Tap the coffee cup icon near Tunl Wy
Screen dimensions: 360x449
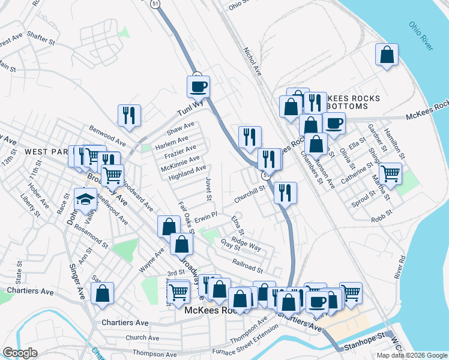coord(197,86)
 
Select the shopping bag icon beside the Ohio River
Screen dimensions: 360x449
coord(387,55)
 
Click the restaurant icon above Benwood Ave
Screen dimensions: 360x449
coord(129,115)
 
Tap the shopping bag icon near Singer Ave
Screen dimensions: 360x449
coord(103,293)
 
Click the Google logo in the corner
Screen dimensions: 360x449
coord(20,353)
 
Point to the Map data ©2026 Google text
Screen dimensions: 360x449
coord(411,355)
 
